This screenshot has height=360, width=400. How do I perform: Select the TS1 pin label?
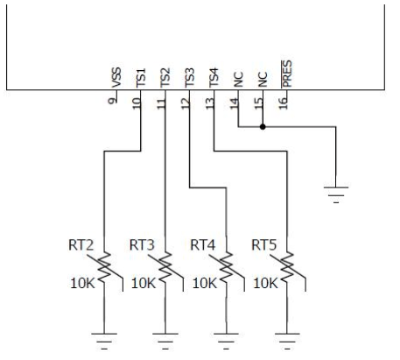coord(141,78)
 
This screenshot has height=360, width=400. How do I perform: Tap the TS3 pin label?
coord(190,78)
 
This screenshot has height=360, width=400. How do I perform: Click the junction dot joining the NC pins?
coord(263,125)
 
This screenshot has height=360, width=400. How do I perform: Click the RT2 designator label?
coord(80,243)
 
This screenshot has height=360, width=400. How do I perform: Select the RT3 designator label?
coord(141,243)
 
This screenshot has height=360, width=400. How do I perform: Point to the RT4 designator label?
coord(202,243)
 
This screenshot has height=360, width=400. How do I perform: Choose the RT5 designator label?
coord(263,243)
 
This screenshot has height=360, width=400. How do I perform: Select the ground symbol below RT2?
coord(104,336)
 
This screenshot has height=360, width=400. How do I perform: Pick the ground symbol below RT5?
coord(288,336)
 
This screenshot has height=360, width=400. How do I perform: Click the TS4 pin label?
coord(214,78)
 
